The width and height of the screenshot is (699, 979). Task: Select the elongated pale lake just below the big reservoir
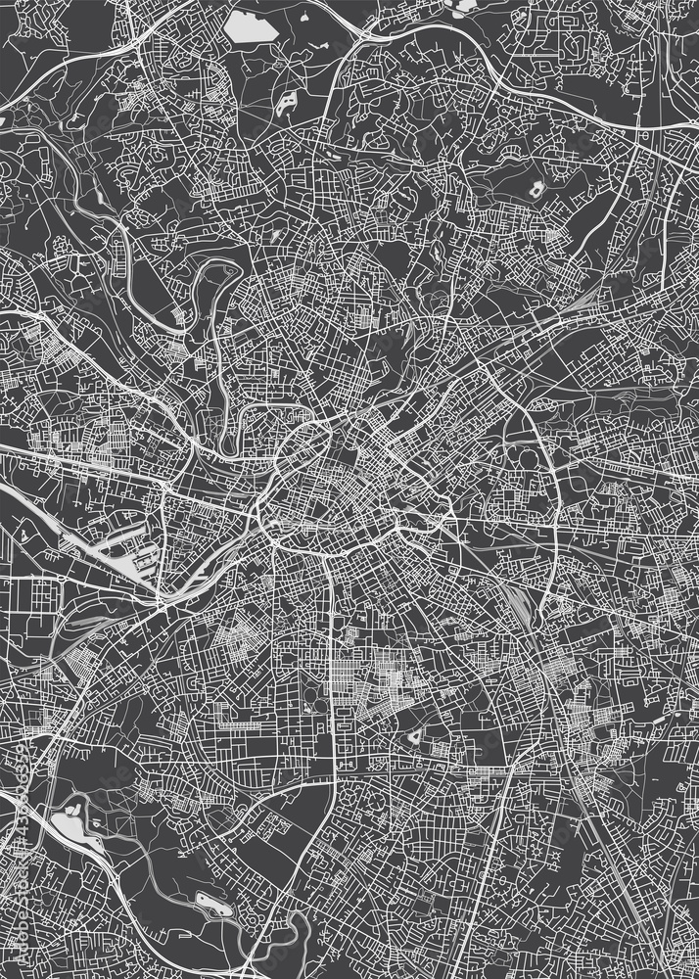tap(286, 102)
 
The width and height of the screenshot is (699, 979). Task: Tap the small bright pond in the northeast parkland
tap(536, 189)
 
